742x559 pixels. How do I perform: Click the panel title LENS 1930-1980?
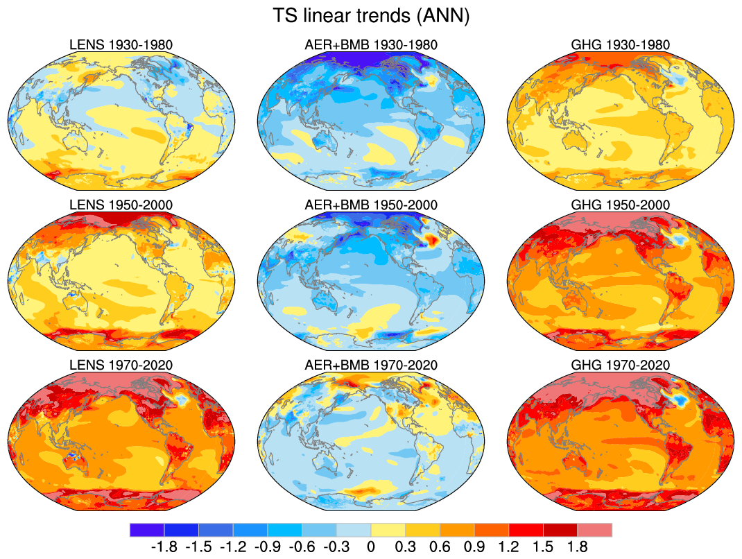pos(121,45)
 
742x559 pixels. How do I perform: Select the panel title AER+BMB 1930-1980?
pos(371,45)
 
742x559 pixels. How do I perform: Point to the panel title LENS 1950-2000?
pos(121,205)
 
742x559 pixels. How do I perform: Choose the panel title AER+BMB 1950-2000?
pos(371,205)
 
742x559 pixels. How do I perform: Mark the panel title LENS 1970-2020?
pos(121,365)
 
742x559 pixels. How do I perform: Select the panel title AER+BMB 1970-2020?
pos(371,365)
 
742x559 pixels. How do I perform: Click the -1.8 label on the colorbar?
pos(164,547)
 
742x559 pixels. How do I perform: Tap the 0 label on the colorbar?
pos(371,547)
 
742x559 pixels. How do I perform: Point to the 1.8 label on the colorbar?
pos(578,547)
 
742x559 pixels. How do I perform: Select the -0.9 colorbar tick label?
pos(267,547)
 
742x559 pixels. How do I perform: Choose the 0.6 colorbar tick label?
pos(440,547)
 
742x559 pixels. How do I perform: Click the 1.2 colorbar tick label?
pos(508,547)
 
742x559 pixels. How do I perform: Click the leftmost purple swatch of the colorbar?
pos(147,531)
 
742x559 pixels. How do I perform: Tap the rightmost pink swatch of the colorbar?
pos(595,531)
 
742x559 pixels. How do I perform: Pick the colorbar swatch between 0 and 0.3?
pos(388,531)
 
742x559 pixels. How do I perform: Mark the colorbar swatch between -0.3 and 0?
pos(354,531)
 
